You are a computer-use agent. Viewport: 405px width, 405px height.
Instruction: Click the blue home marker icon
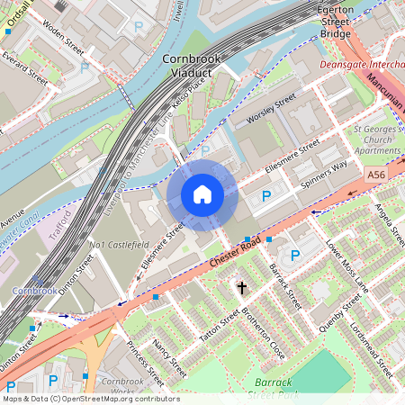point(202,193)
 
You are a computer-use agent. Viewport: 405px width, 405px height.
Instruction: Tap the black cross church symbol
point(241,288)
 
